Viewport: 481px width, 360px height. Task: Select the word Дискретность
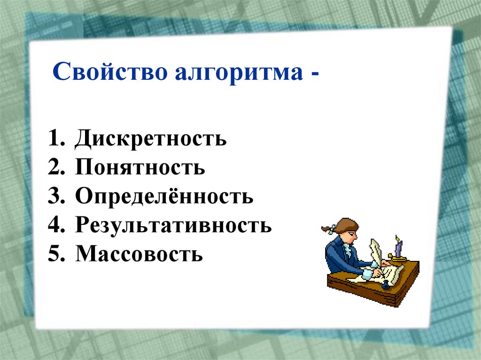(150, 139)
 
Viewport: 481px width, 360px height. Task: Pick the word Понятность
(140, 168)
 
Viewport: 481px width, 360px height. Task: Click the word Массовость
(139, 254)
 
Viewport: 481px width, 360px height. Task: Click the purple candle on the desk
(398, 248)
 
